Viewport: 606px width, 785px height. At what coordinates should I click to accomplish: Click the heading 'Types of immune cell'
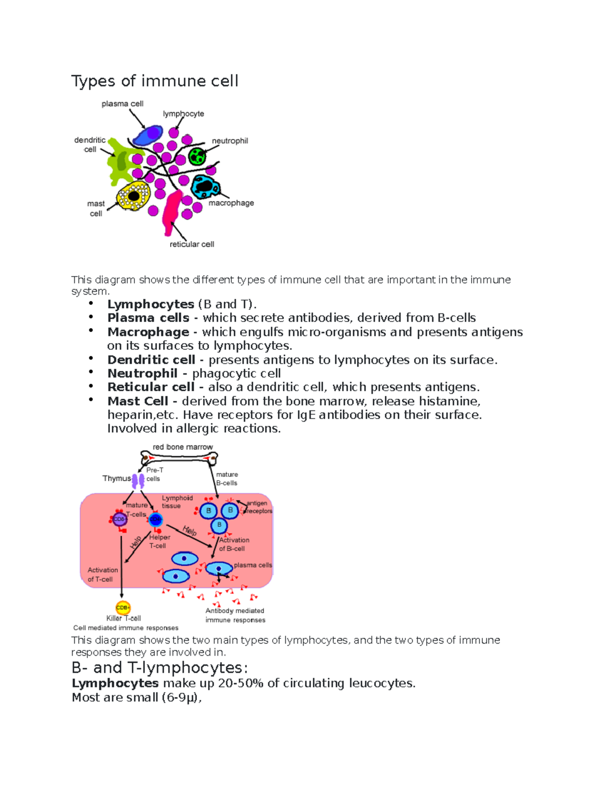155,81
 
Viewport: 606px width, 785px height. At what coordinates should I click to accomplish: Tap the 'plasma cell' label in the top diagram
122,104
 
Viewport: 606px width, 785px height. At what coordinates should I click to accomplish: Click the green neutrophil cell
197,156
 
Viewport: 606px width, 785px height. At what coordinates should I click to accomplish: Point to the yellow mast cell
133,196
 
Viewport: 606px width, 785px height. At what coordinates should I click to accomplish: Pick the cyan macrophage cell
205,187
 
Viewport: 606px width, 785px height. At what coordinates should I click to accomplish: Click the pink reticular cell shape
172,210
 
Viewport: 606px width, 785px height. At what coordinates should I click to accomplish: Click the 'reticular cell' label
192,244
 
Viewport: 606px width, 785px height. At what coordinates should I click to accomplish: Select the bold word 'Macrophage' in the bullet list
148,332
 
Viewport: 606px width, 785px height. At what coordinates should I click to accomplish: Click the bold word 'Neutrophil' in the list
142,374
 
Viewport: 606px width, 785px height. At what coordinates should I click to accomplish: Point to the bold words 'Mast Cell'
137,401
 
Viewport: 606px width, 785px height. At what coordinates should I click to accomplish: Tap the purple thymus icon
138,480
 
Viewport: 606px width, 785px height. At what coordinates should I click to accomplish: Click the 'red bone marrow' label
183,447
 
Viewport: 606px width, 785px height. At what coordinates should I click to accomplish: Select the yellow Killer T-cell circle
123,607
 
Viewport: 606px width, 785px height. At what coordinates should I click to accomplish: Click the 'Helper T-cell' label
160,541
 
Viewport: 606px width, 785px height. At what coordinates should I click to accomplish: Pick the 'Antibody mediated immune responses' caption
235,615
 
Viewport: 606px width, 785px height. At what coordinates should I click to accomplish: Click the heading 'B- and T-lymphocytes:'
160,668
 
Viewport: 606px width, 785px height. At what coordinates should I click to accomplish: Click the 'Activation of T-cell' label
103,574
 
